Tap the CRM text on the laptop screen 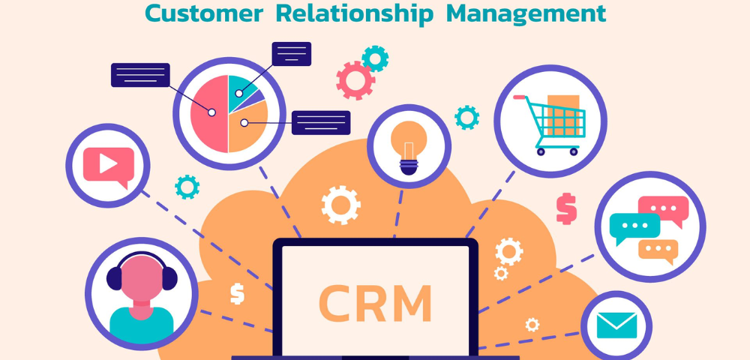pyautogui.click(x=375, y=303)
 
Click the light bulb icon pyautogui.click(x=409, y=145)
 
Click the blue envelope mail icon pyautogui.click(x=616, y=325)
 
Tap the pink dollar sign pyautogui.click(x=566, y=208)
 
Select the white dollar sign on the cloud pyautogui.click(x=237, y=293)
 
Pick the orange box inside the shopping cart pyautogui.click(x=563, y=115)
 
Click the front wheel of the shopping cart pyautogui.click(x=574, y=151)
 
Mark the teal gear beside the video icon pyautogui.click(x=187, y=187)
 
